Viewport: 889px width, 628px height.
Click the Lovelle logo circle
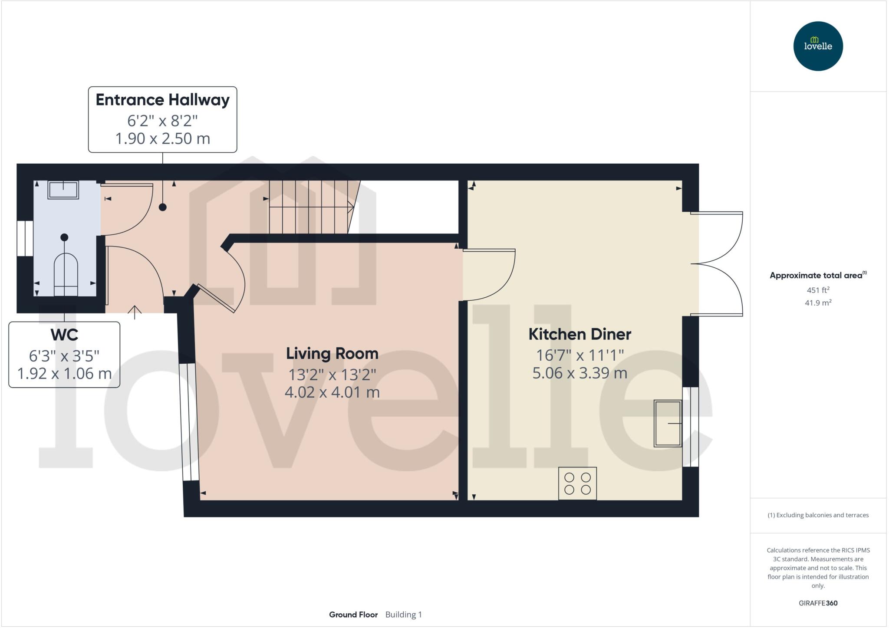[818, 46]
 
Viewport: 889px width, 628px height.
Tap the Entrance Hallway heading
[162, 100]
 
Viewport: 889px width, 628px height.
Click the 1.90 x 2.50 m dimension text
[162, 138]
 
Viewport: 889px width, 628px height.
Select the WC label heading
[64, 335]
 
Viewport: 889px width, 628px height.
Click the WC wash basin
[63, 190]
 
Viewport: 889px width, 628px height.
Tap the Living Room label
[332, 353]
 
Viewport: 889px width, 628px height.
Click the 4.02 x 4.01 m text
[332, 392]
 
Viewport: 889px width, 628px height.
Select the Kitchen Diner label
[579, 334]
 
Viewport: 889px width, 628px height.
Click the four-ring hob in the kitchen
[577, 483]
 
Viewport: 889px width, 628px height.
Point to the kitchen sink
[668, 423]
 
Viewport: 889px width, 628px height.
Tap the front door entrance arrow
[135, 312]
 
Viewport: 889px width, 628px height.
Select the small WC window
[25, 238]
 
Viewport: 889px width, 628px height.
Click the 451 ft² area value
[818, 290]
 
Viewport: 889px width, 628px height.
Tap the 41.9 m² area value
[818, 303]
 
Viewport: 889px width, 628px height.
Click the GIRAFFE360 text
[818, 603]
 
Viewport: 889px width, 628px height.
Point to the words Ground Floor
[353, 615]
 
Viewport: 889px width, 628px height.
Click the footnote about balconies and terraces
[818, 515]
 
